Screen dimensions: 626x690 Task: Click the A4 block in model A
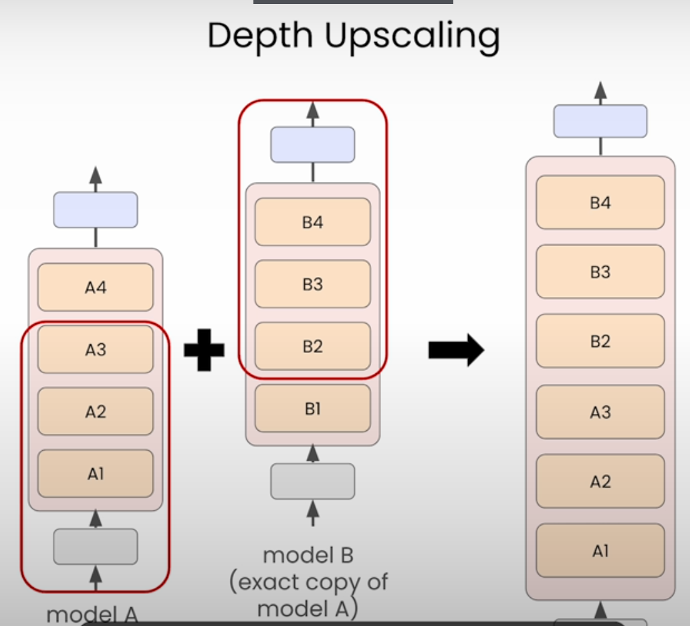point(96,288)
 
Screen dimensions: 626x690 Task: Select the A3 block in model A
point(96,349)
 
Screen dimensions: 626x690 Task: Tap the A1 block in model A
point(96,474)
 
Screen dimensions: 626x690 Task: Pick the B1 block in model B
point(312,408)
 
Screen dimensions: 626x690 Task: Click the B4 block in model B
point(312,222)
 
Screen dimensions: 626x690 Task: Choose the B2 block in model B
point(312,346)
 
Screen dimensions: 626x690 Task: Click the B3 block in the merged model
point(600,272)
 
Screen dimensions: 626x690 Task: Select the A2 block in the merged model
point(600,482)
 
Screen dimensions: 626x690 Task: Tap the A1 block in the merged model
point(600,551)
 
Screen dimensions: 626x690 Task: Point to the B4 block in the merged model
point(600,203)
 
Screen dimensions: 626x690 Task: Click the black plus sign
point(204,350)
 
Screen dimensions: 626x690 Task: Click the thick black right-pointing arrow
point(456,350)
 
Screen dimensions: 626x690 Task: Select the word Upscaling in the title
point(413,37)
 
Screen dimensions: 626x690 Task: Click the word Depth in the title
point(259,37)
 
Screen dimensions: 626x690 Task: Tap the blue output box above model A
point(96,210)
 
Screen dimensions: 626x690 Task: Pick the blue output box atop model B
point(312,144)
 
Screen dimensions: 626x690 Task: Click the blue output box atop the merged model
point(600,121)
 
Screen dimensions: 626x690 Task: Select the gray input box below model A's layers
point(96,546)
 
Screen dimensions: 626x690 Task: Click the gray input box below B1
point(312,481)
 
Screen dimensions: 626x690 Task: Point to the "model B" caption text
point(308,555)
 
